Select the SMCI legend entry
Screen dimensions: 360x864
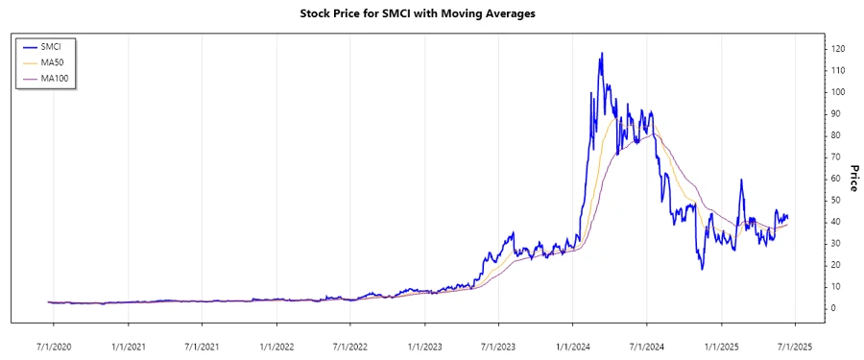coord(61,46)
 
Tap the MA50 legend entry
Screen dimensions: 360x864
coord(61,61)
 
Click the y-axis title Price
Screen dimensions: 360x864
coord(852,178)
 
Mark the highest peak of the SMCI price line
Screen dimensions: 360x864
coord(602,54)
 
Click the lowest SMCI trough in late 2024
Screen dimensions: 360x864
coord(702,268)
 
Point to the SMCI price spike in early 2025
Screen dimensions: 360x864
coord(741,180)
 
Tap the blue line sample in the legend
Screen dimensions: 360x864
coord(29,46)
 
